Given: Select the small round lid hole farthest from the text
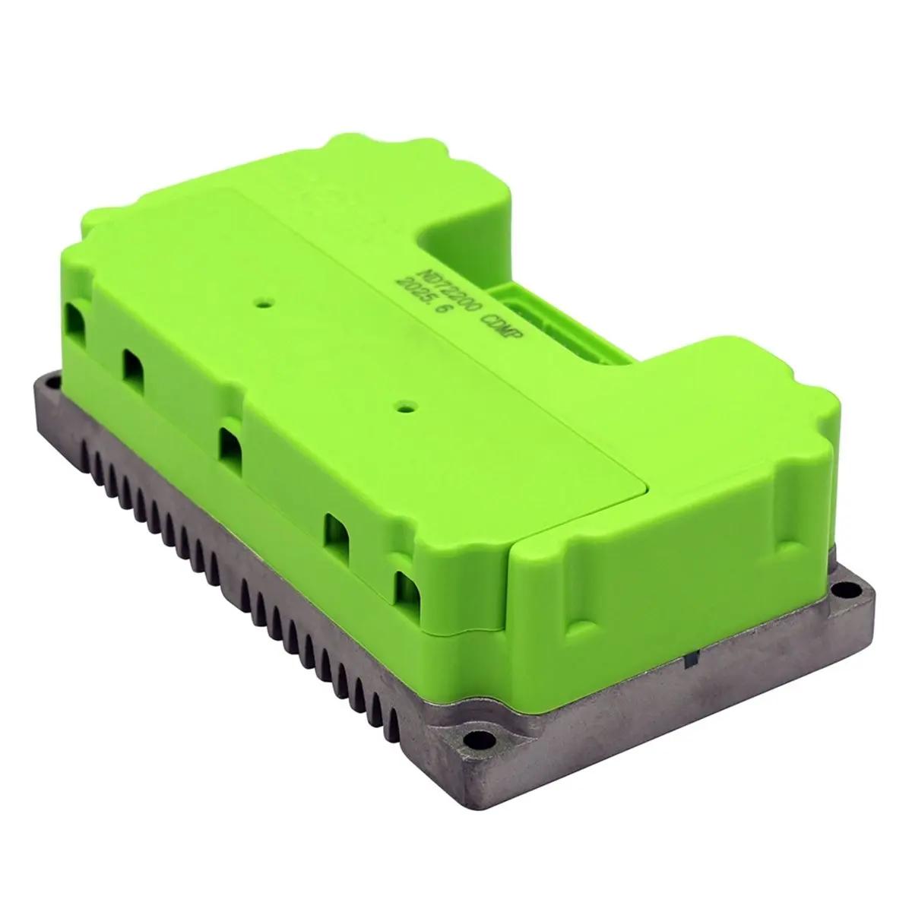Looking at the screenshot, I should point(402,405).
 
